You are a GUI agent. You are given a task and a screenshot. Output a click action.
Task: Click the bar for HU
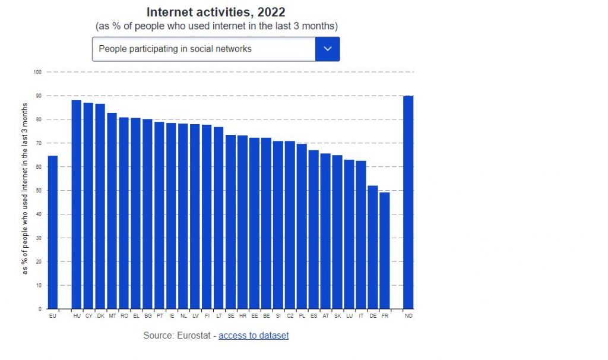77,204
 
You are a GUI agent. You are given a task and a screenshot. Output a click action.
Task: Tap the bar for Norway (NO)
408,202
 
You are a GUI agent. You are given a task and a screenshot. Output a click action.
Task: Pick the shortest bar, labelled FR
385,250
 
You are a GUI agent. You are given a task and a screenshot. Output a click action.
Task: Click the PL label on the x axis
302,316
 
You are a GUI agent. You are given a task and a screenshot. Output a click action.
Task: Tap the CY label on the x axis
88,316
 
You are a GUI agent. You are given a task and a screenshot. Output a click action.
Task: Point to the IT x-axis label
361,316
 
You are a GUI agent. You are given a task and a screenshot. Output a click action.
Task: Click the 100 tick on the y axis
37,72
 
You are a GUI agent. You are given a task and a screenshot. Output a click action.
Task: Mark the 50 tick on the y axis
39,191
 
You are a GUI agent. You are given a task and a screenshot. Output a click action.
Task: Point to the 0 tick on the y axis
40,309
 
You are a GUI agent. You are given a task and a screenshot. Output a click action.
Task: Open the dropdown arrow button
327,49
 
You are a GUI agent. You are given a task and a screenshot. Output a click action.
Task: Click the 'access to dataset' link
254,336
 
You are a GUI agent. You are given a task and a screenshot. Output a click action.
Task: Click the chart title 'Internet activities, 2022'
216,12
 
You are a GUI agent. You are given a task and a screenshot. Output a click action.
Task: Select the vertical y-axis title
25,188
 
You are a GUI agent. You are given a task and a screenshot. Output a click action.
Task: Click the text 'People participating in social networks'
175,49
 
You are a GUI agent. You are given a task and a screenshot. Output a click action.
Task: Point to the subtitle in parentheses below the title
216,27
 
